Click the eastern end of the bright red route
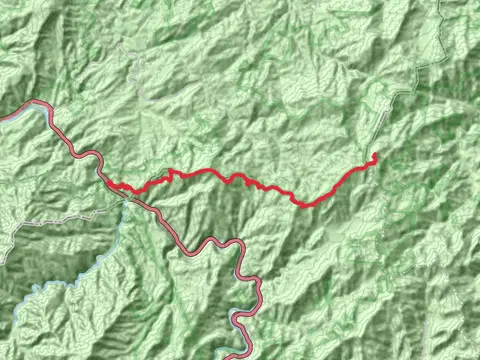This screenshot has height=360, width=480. coord(375,154)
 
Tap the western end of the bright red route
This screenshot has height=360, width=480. coord(109,185)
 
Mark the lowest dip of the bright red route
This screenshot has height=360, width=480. coord(301,204)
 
